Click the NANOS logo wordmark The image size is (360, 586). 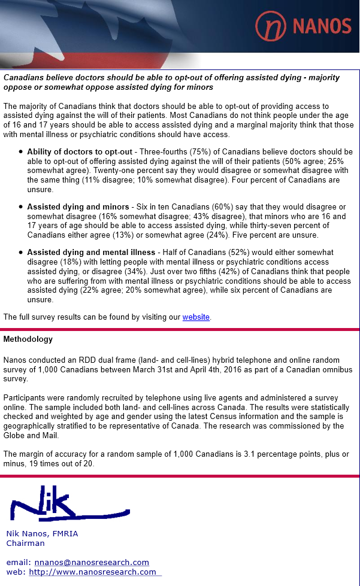[x=322, y=25]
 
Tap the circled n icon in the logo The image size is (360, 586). [x=271, y=26]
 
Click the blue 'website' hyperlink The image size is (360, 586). [x=196, y=317]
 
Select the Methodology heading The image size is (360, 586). [x=28, y=339]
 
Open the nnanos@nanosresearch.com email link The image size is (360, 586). [x=92, y=563]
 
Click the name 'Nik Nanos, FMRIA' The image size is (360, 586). [x=42, y=534]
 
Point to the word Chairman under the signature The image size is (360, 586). [x=25, y=544]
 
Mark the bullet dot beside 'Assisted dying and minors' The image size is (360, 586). [x=20, y=207]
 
